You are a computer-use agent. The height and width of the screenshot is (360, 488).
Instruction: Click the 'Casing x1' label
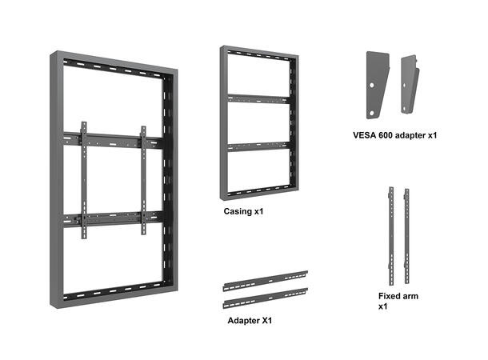[243, 213]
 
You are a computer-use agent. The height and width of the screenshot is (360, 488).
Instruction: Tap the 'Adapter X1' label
[249, 320]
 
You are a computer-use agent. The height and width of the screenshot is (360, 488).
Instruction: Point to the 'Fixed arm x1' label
[398, 301]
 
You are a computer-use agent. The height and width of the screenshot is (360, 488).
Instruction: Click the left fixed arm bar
[391, 231]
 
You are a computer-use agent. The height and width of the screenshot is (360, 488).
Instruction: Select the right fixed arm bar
[407, 231]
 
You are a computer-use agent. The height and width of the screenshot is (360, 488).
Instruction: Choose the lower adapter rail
[266, 298]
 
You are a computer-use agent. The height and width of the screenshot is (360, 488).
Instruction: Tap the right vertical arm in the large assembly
[143, 179]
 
